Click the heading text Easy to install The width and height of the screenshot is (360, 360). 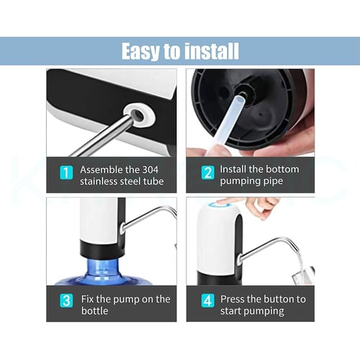(180, 51)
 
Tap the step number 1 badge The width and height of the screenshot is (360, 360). (66, 172)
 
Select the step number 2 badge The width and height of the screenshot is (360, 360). (208, 173)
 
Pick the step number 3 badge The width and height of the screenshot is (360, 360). (66, 301)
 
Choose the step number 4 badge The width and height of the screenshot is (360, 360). (208, 301)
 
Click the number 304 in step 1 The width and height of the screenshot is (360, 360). (150, 170)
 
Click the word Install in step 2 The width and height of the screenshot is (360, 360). (233, 169)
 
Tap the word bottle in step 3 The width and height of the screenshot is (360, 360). (94, 311)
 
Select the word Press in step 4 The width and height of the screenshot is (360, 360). (232, 299)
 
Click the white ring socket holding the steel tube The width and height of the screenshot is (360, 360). (139, 114)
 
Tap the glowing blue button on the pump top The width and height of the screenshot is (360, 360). (219, 205)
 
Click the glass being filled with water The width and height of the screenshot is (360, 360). (304, 275)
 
